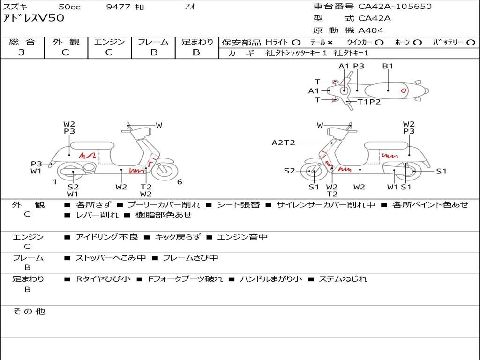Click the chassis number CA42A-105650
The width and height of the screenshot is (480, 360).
[x=395, y=7]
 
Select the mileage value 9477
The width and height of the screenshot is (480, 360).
[x=119, y=7]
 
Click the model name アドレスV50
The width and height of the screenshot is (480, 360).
[x=34, y=18]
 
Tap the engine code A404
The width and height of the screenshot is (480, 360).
[x=371, y=30]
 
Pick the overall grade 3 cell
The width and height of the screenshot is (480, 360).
[x=22, y=52]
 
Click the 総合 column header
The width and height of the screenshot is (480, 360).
[x=22, y=42]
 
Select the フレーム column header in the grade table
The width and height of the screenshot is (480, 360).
[x=153, y=42]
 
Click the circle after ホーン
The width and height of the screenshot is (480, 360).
[x=417, y=42]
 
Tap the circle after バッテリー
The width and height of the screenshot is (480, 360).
[x=471, y=42]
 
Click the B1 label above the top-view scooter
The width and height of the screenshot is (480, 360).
[x=387, y=66]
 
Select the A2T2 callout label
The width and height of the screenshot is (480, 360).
[x=283, y=143]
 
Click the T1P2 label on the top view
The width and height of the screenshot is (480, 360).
[x=369, y=102]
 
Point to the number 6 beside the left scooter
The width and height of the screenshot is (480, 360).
[x=180, y=182]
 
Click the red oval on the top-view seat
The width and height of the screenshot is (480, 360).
[x=402, y=89]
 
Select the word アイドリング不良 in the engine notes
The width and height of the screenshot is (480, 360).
[x=107, y=237]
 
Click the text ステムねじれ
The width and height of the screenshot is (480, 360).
[x=343, y=279]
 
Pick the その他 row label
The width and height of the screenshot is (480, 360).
[x=29, y=311]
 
